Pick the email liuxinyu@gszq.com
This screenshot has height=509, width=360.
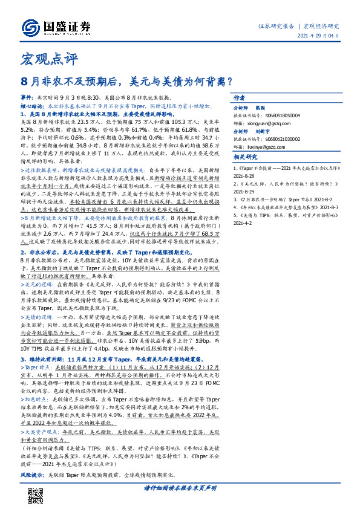264,162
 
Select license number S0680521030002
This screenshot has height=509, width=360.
284,154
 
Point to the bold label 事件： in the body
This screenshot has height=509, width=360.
28,97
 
